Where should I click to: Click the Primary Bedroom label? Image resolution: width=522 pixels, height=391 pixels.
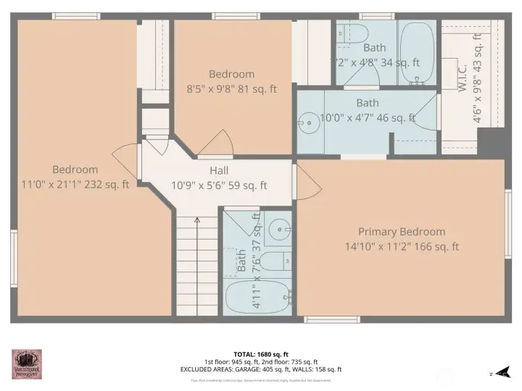pyautogui.click(x=401, y=232)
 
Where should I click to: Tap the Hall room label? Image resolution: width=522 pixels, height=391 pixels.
pyautogui.click(x=219, y=170)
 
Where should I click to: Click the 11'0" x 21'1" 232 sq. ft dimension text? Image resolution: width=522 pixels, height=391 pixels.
pyautogui.click(x=75, y=185)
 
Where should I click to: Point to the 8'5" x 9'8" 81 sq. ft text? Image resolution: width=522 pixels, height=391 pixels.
pyautogui.click(x=232, y=90)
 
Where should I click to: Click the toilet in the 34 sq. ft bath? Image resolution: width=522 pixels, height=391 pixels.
pyautogui.click(x=353, y=33)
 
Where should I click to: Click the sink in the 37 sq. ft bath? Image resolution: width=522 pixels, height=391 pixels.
pyautogui.click(x=278, y=230)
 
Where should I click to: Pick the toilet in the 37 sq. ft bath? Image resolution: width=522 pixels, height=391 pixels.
pyautogui.click(x=275, y=261)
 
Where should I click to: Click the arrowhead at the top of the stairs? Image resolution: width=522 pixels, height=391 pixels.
pyautogui.click(x=197, y=219)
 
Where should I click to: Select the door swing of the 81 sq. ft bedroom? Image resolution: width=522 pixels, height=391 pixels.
pyautogui.click(x=217, y=143)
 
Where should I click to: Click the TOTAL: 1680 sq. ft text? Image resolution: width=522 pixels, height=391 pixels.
pyautogui.click(x=260, y=354)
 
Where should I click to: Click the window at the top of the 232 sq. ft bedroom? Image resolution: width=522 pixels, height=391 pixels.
pyautogui.click(x=76, y=16)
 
